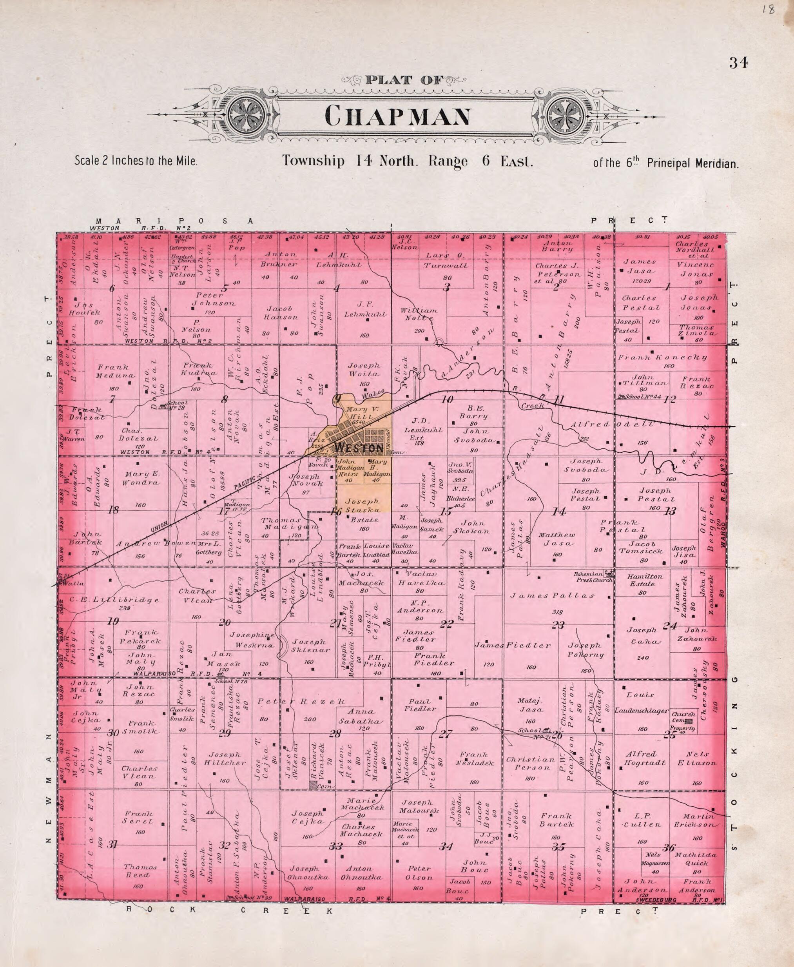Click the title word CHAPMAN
[397, 117]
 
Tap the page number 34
[738, 63]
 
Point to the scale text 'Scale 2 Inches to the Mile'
[136, 161]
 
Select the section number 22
[446, 624]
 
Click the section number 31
[112, 845]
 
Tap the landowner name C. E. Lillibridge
[114, 599]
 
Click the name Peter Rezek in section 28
[301, 701]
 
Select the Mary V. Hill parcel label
[361, 413]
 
